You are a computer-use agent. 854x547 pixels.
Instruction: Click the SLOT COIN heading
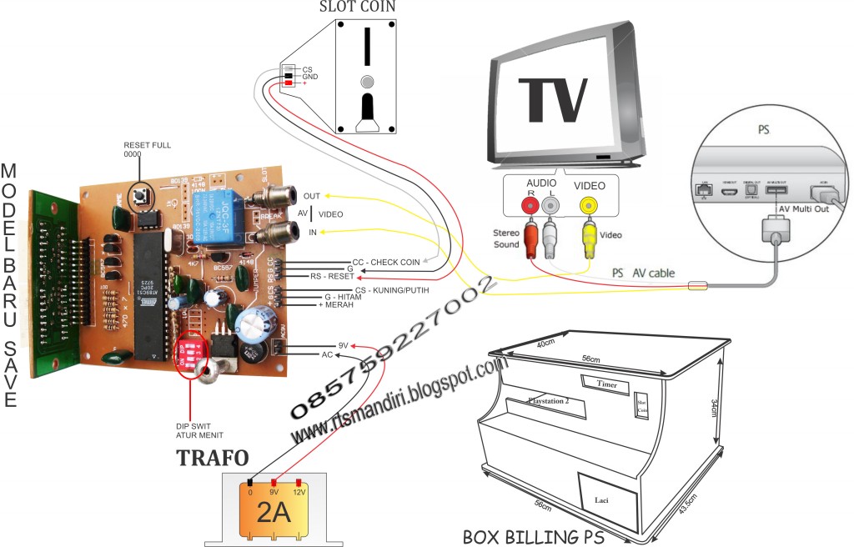point(357,8)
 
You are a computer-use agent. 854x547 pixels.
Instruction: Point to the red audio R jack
point(528,203)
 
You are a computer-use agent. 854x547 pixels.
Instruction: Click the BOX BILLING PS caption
point(533,535)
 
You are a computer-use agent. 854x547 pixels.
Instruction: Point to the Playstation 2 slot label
point(548,400)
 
